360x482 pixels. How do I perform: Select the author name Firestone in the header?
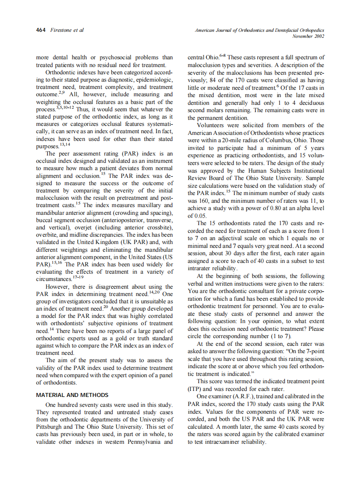point(61,30)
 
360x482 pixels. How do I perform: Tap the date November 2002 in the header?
point(308,36)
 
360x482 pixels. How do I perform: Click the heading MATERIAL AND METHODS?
point(72,395)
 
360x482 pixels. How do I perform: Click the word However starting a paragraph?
point(59,287)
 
